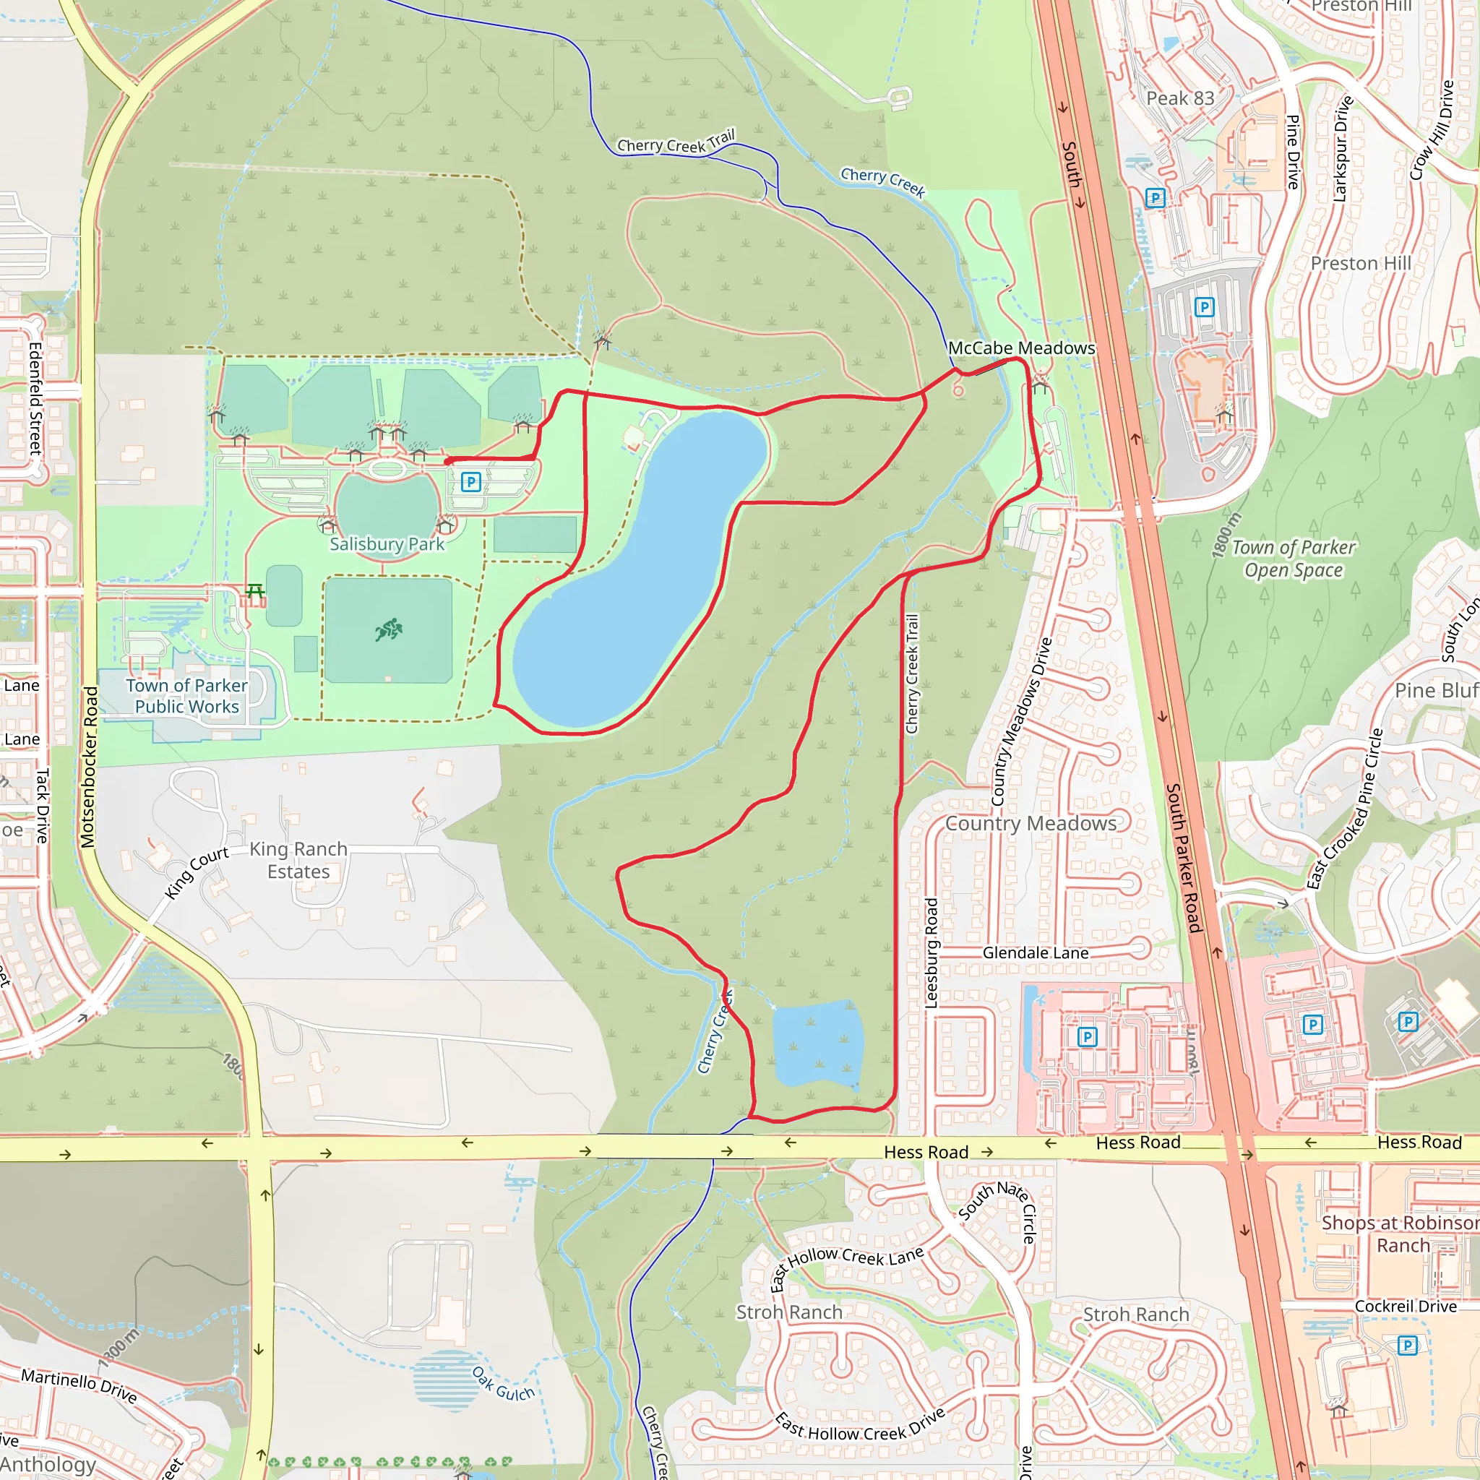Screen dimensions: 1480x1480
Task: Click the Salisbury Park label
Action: pos(387,544)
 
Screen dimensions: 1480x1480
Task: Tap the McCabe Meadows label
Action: pos(1021,348)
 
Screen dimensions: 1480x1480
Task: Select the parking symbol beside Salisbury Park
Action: pos(471,482)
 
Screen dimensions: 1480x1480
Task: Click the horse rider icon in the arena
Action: pos(388,629)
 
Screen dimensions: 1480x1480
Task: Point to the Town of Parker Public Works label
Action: pos(187,696)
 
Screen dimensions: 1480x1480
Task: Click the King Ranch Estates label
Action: pos(298,859)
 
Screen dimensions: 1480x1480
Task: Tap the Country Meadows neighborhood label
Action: pos(1031,824)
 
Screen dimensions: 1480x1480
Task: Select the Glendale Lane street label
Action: pos(1035,952)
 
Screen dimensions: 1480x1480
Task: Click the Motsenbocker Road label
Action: pos(90,767)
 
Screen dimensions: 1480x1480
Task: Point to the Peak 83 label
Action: pos(1179,98)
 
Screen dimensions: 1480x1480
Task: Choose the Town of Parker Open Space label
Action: pos(1294,559)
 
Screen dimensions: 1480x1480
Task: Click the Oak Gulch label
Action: pos(502,1383)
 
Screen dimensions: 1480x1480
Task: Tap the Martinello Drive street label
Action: pos(79,1386)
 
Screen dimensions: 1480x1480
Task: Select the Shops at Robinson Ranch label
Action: pos(1401,1234)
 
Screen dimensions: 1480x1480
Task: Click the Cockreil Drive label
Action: pos(1406,1306)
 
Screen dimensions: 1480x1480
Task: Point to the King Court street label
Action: pos(196,872)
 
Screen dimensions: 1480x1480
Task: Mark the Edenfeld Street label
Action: pos(35,398)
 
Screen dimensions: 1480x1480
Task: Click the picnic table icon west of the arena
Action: pos(255,590)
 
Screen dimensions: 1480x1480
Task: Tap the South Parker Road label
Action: pos(1183,857)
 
